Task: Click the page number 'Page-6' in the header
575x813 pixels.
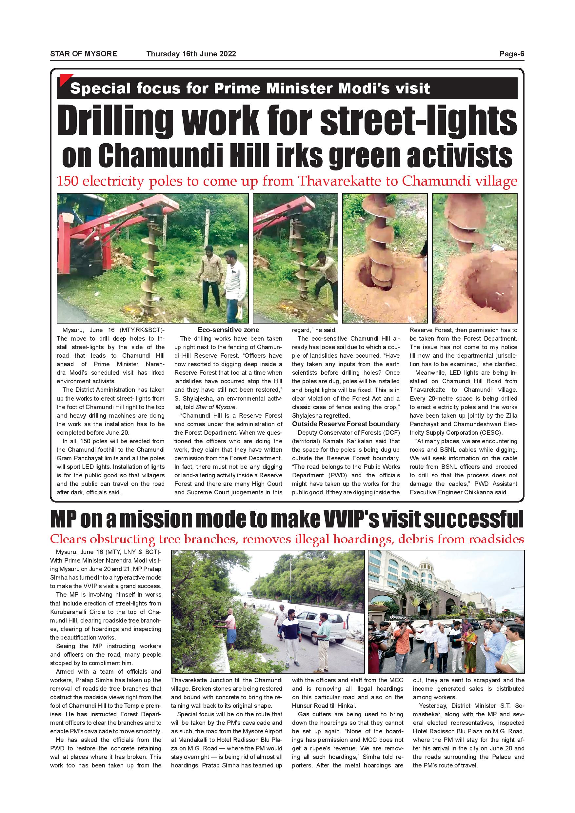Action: [512, 54]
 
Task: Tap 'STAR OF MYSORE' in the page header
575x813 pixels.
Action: [84, 54]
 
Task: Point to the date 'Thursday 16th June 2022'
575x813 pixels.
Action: [191, 54]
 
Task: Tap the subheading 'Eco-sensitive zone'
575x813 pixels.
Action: [228, 330]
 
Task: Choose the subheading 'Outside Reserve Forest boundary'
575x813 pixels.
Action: [346, 424]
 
